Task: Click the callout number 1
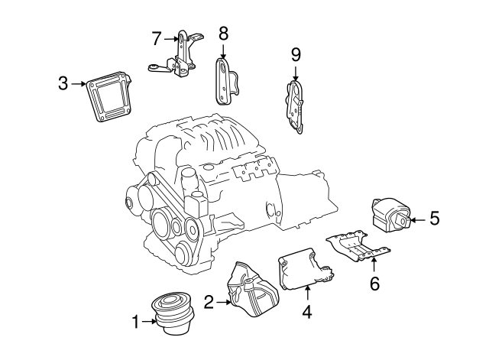click(136, 323)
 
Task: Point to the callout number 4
click(307, 311)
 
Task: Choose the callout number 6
click(374, 283)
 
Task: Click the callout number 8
click(223, 34)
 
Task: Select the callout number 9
click(296, 54)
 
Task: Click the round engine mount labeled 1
click(172, 313)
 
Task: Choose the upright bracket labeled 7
click(181, 57)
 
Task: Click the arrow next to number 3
click(79, 84)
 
